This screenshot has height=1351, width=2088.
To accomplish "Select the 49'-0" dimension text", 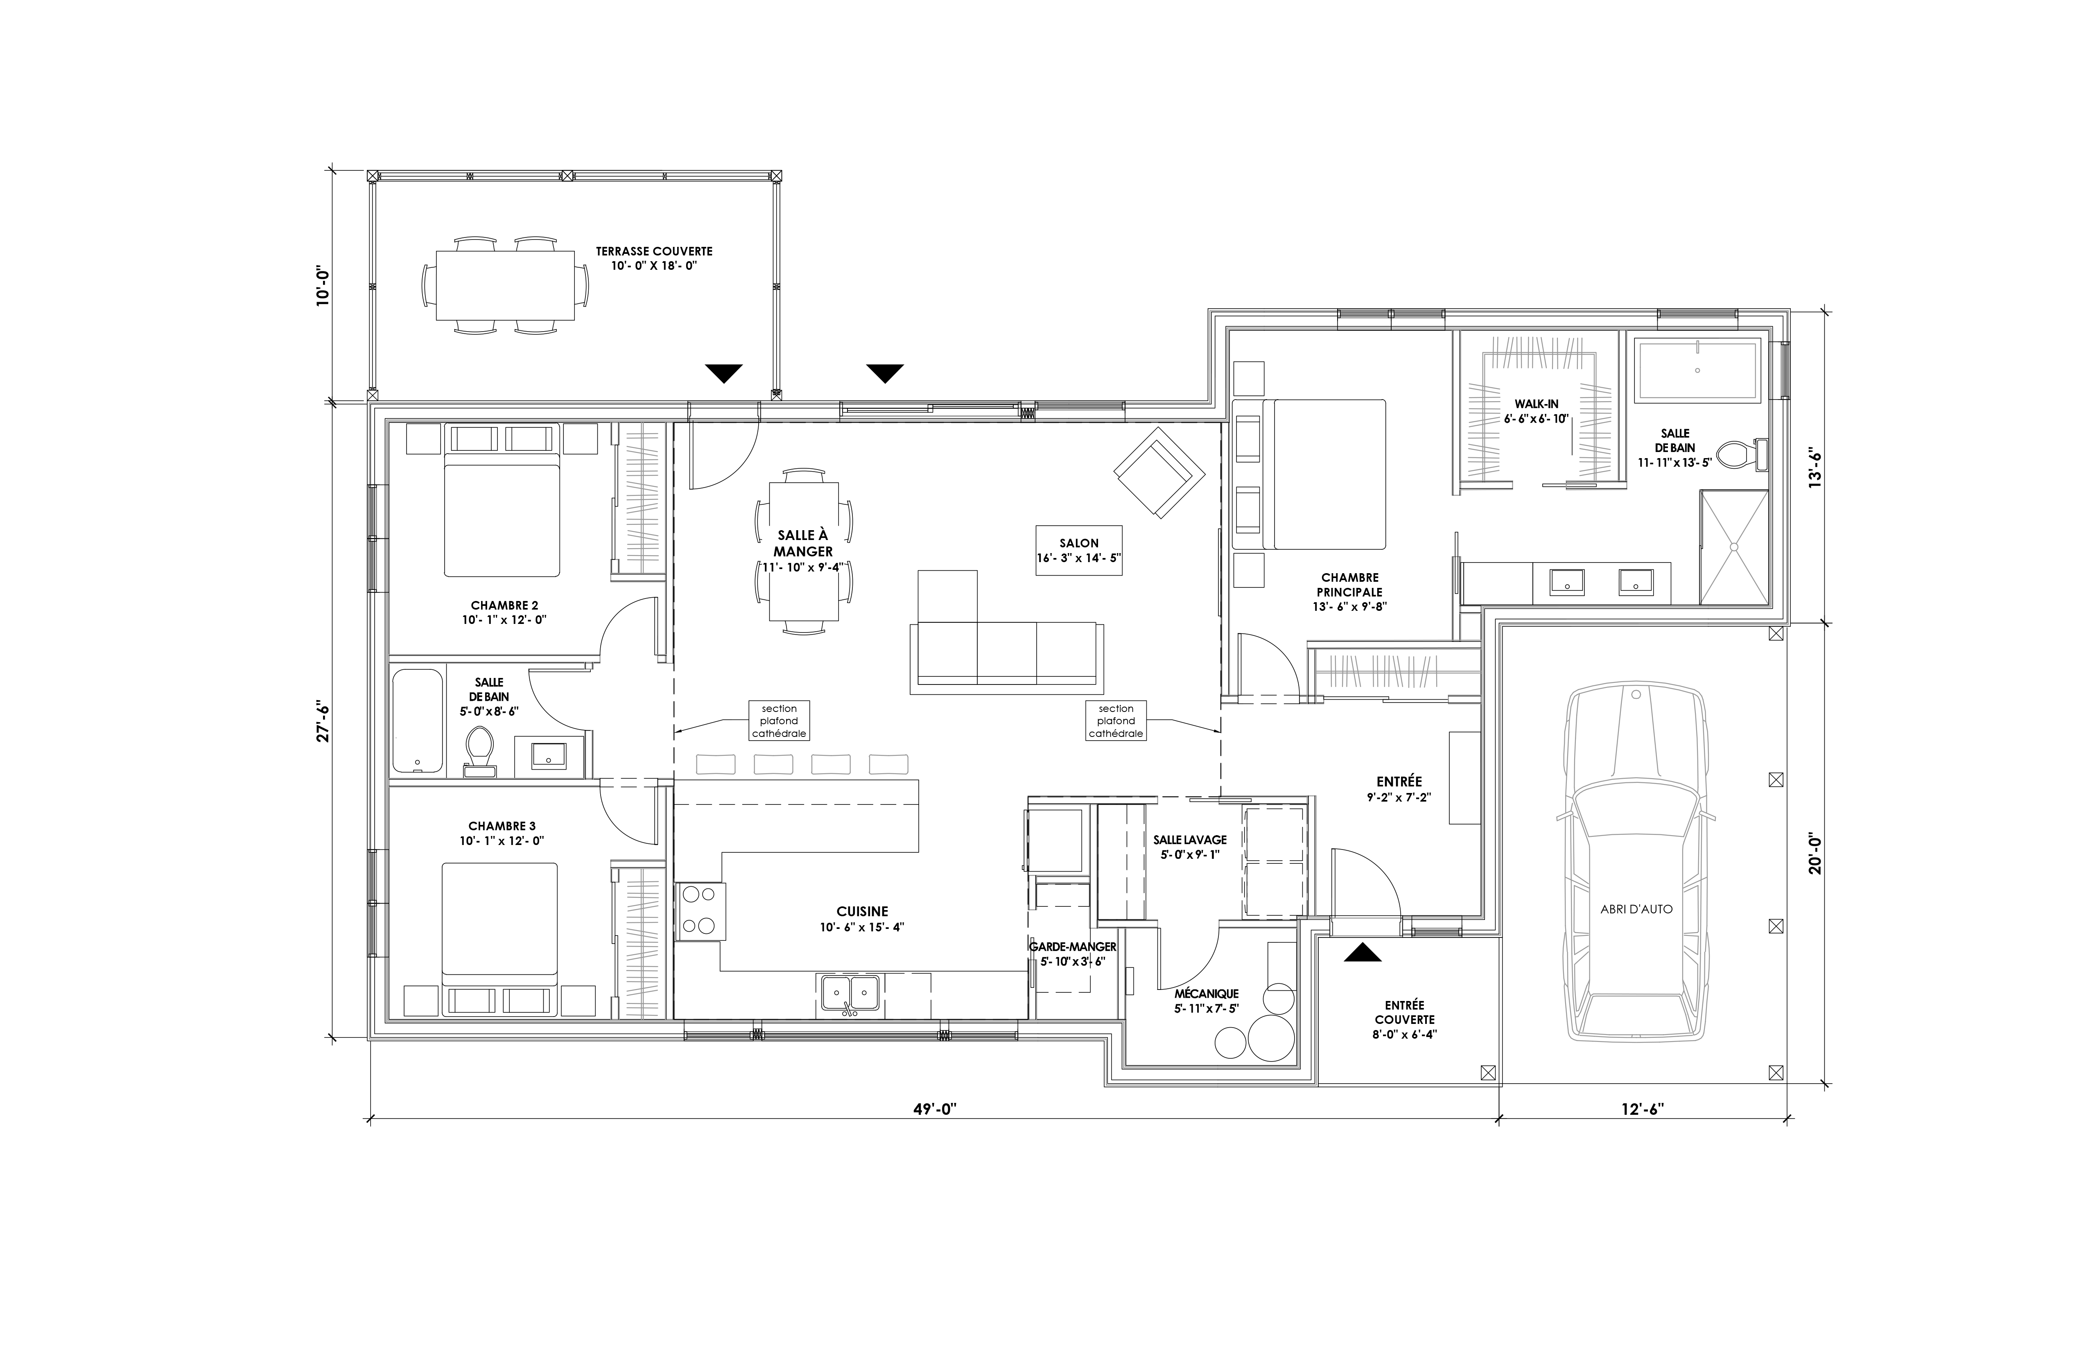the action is [934, 1109].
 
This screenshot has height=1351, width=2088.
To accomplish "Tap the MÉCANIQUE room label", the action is [1206, 993].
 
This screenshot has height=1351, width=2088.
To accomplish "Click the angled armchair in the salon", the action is [1158, 472].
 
